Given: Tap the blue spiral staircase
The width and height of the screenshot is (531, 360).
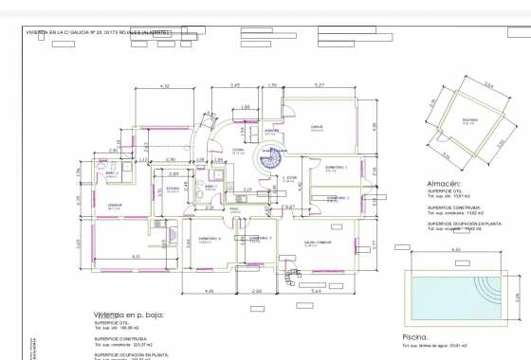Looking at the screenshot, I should pos(257,162).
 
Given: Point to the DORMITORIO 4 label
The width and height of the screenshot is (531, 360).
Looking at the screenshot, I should pos(211,239).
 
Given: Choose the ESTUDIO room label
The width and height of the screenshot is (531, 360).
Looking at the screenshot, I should pos(174,188).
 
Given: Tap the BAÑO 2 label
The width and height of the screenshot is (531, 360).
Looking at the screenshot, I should pos(111,173).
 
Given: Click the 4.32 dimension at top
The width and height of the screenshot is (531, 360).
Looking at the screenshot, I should pos(164,86).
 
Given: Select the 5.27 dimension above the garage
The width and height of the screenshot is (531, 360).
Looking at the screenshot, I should pos(319,86).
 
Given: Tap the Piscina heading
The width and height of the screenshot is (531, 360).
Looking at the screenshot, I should pos(418,336).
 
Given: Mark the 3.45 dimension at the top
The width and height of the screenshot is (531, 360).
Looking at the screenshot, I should pos(235,86).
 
